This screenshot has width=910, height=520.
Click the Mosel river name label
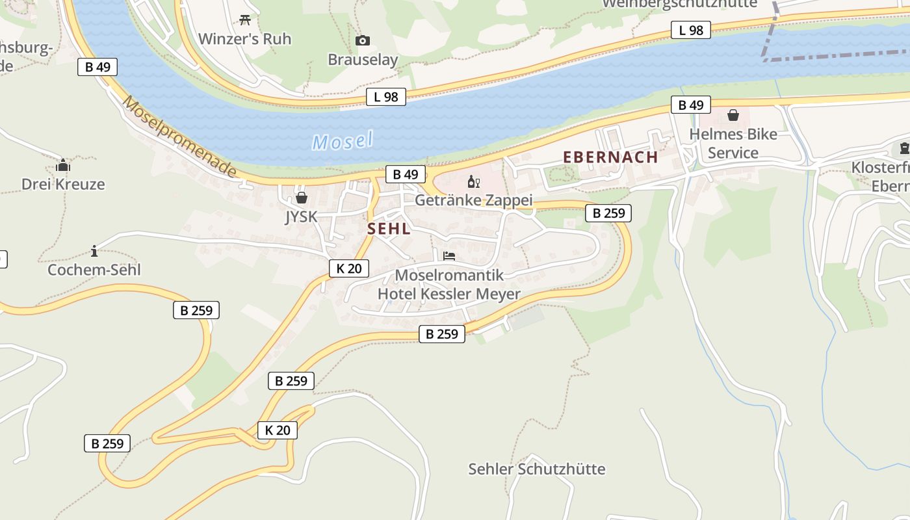[343, 140]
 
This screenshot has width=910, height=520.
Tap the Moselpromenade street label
[179, 137]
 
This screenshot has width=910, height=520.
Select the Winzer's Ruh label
[244, 39]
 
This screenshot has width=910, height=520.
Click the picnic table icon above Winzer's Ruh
[245, 20]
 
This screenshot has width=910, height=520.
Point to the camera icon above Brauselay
[363, 41]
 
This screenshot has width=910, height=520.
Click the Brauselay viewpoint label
[363, 60]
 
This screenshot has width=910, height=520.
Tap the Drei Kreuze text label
[63, 184]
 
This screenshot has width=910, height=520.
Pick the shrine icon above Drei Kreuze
[63, 166]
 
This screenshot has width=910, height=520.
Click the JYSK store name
[301, 216]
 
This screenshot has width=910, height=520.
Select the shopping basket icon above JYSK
[302, 198]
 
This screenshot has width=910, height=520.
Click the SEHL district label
[389, 229]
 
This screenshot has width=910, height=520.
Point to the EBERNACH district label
[610, 157]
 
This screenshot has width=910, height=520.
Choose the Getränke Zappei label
[474, 200]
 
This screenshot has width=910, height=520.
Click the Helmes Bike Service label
[733, 144]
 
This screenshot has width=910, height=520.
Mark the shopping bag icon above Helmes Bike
[733, 116]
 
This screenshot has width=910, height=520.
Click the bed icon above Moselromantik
[449, 256]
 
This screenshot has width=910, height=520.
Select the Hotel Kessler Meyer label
[449, 294]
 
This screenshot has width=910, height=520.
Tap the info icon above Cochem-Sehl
[94, 251]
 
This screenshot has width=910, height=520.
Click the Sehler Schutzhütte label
[537, 469]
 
